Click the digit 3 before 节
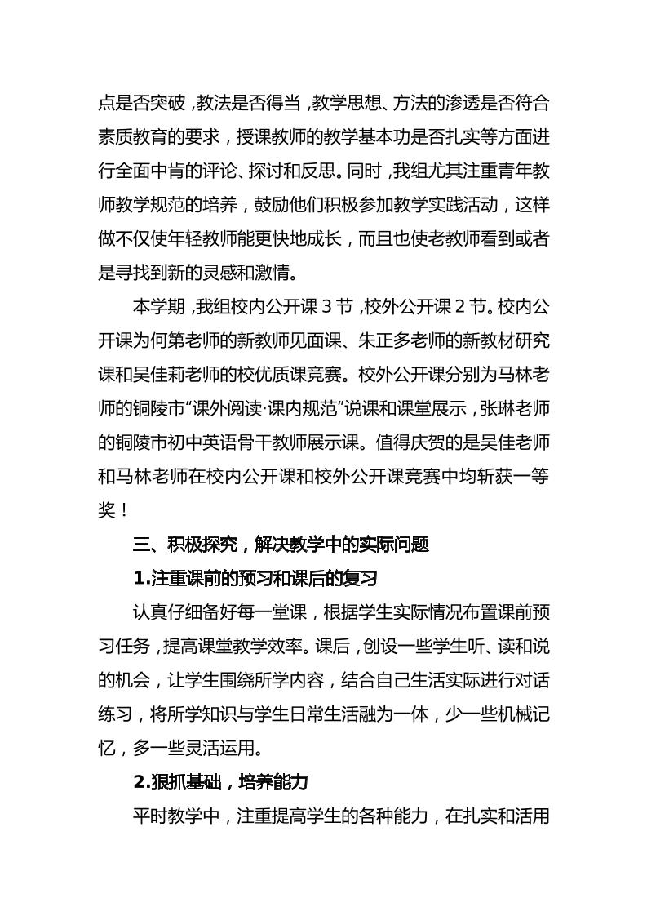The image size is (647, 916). click(324, 307)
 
